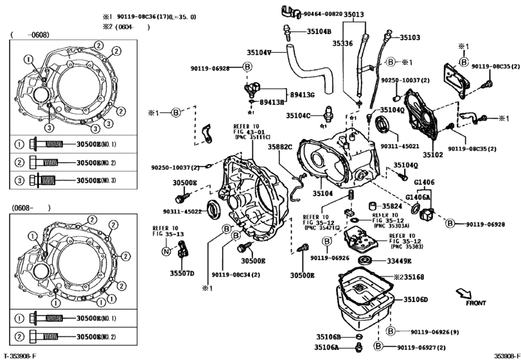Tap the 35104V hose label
pyautogui.click(x=259, y=51)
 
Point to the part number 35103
pyautogui.click(x=410, y=38)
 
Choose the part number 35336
pyautogui.click(x=342, y=43)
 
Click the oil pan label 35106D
pyautogui.click(x=416, y=300)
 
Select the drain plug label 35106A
pyautogui.click(x=327, y=347)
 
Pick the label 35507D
pyautogui.click(x=182, y=273)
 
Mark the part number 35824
pyautogui.click(x=392, y=206)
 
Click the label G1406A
pyautogui.click(x=418, y=197)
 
